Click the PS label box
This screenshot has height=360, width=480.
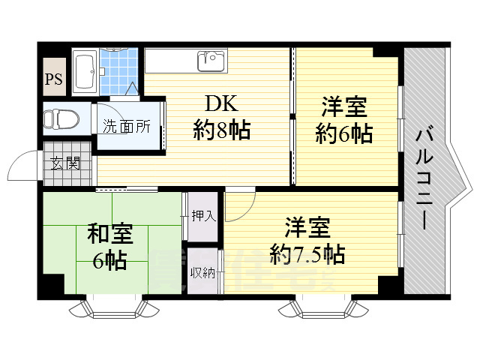54,79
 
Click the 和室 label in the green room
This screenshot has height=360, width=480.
110,234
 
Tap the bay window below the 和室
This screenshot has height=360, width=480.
113,307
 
